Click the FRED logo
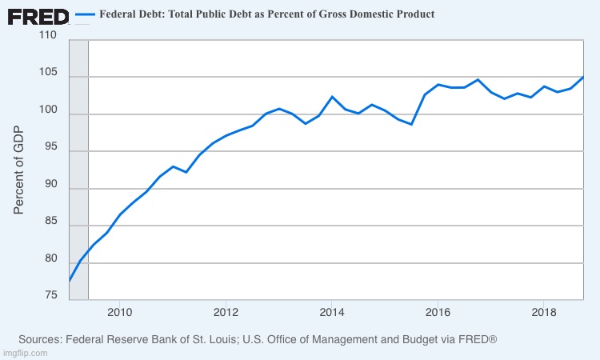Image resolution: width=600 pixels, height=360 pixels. coord(38,16)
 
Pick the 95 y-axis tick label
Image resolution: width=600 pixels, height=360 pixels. coord(50,148)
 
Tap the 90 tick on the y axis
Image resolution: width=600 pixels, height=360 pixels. coord(50,185)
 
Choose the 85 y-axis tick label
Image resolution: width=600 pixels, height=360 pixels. coord(50,222)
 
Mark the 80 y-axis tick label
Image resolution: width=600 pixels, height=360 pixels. coord(50,259)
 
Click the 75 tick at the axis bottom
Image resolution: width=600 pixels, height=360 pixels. coord(50,296)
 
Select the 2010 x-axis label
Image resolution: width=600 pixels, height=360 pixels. coord(119,311)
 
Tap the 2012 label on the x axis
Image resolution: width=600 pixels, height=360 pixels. coord(226,311)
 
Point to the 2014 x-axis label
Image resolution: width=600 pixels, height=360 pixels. coord(331,311)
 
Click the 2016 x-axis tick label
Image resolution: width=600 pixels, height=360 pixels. coord(438,311)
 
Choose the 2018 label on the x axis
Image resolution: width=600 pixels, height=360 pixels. coord(544,311)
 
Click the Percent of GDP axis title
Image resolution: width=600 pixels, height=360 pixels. coord(20,170)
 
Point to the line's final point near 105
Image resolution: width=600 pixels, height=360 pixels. coord(582,78)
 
